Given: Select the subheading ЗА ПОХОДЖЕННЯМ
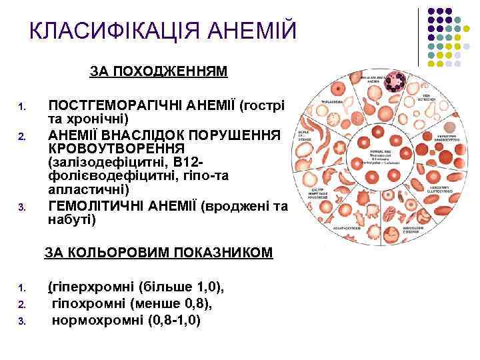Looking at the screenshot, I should [159, 71].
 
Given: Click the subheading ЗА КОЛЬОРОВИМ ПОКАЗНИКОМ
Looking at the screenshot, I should [159, 252].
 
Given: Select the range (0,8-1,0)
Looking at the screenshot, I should [170, 319].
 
